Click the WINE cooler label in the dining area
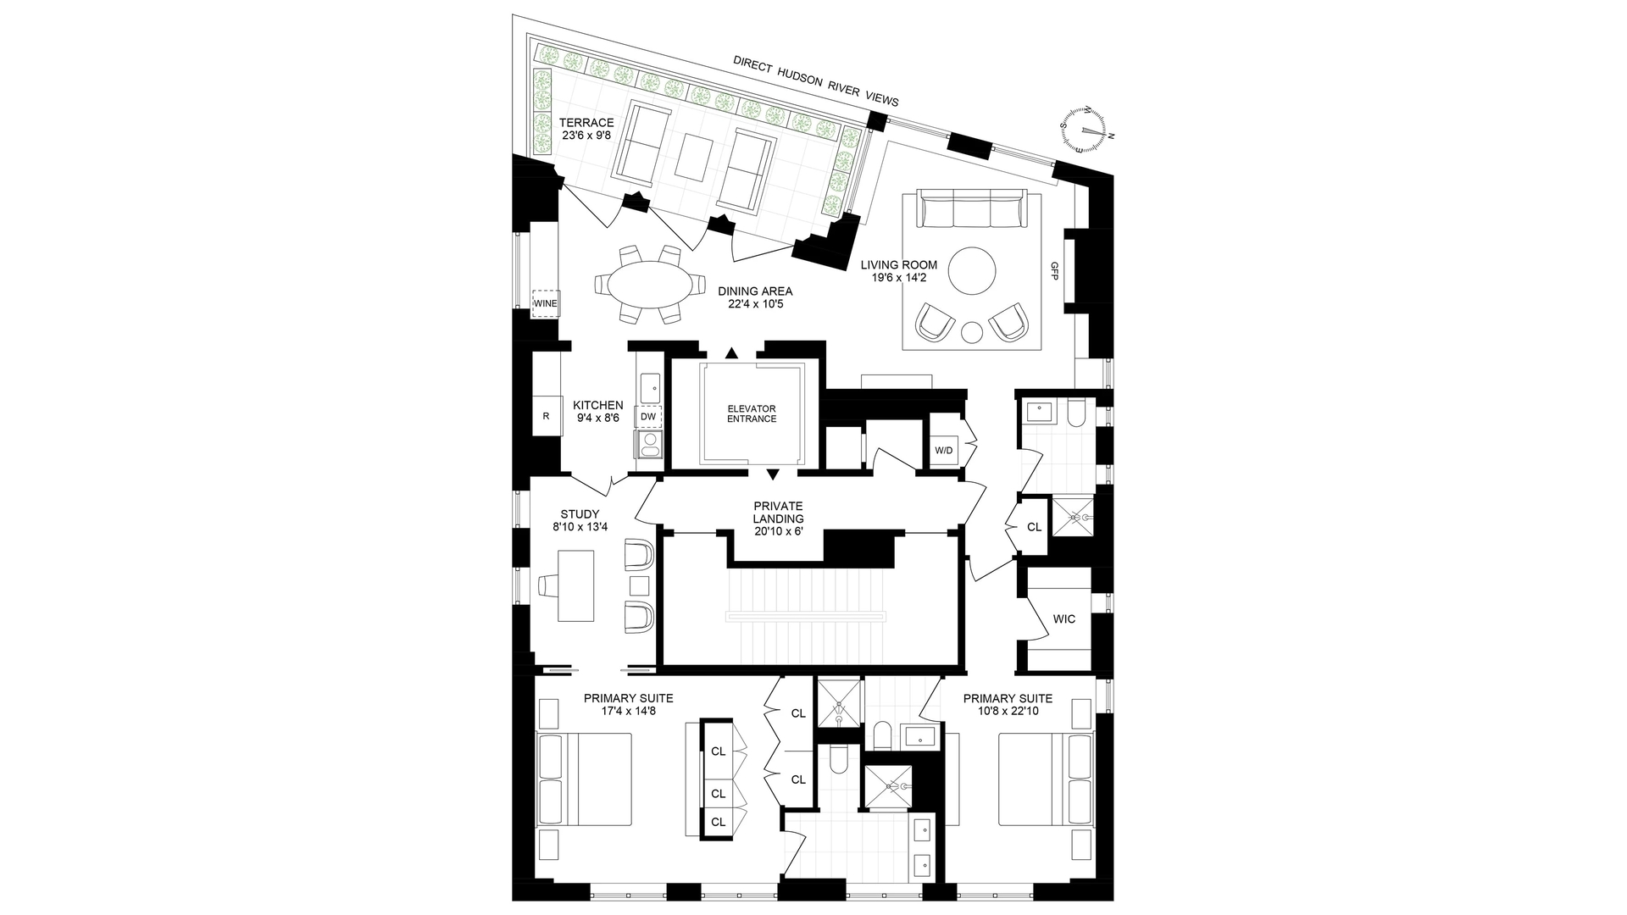pyautogui.click(x=545, y=303)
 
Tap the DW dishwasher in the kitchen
pyautogui.click(x=648, y=416)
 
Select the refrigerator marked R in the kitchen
pyautogui.click(x=546, y=416)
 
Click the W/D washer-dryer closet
pyautogui.click(x=945, y=449)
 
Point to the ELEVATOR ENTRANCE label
pyautogui.click(x=751, y=413)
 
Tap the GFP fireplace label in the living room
pyautogui.click(x=1054, y=270)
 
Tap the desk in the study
pyautogui.click(x=576, y=586)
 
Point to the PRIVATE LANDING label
pyautogui.click(x=778, y=513)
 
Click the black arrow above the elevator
pyautogui.click(x=732, y=352)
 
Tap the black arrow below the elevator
pyautogui.click(x=773, y=474)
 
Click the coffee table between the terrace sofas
pyautogui.click(x=696, y=158)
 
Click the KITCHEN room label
pyautogui.click(x=597, y=406)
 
